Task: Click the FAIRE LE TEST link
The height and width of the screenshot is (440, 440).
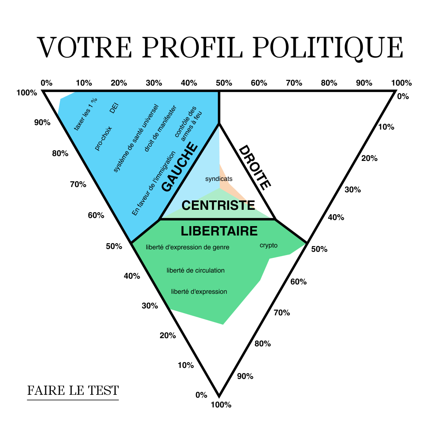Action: (73, 390)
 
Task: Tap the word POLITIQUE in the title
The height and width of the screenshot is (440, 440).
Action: (328, 48)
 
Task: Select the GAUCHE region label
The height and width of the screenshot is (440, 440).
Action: (180, 167)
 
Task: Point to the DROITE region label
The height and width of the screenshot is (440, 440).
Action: (255, 167)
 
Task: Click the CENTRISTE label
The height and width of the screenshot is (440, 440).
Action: (218, 205)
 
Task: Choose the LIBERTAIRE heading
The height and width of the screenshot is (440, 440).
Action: (219, 231)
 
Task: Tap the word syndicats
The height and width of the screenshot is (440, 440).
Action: (219, 179)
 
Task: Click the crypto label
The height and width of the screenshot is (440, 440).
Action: (268, 245)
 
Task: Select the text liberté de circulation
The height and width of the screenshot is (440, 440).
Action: (196, 270)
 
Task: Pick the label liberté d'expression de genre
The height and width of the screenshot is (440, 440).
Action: (187, 247)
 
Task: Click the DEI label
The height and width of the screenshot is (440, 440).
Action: (114, 108)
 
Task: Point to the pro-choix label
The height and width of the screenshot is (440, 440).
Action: (103, 139)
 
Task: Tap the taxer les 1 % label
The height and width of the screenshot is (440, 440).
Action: (86, 114)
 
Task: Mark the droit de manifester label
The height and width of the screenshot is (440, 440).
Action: (160, 128)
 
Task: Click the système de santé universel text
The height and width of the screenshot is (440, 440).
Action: (136, 138)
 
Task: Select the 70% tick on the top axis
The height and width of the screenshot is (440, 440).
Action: (294, 83)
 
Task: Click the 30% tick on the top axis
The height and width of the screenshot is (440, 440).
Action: (154, 83)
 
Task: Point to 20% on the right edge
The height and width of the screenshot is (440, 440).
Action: (369, 158)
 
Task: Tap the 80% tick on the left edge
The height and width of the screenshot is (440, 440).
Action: (60, 154)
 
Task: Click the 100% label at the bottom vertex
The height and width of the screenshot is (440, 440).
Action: (221, 405)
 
